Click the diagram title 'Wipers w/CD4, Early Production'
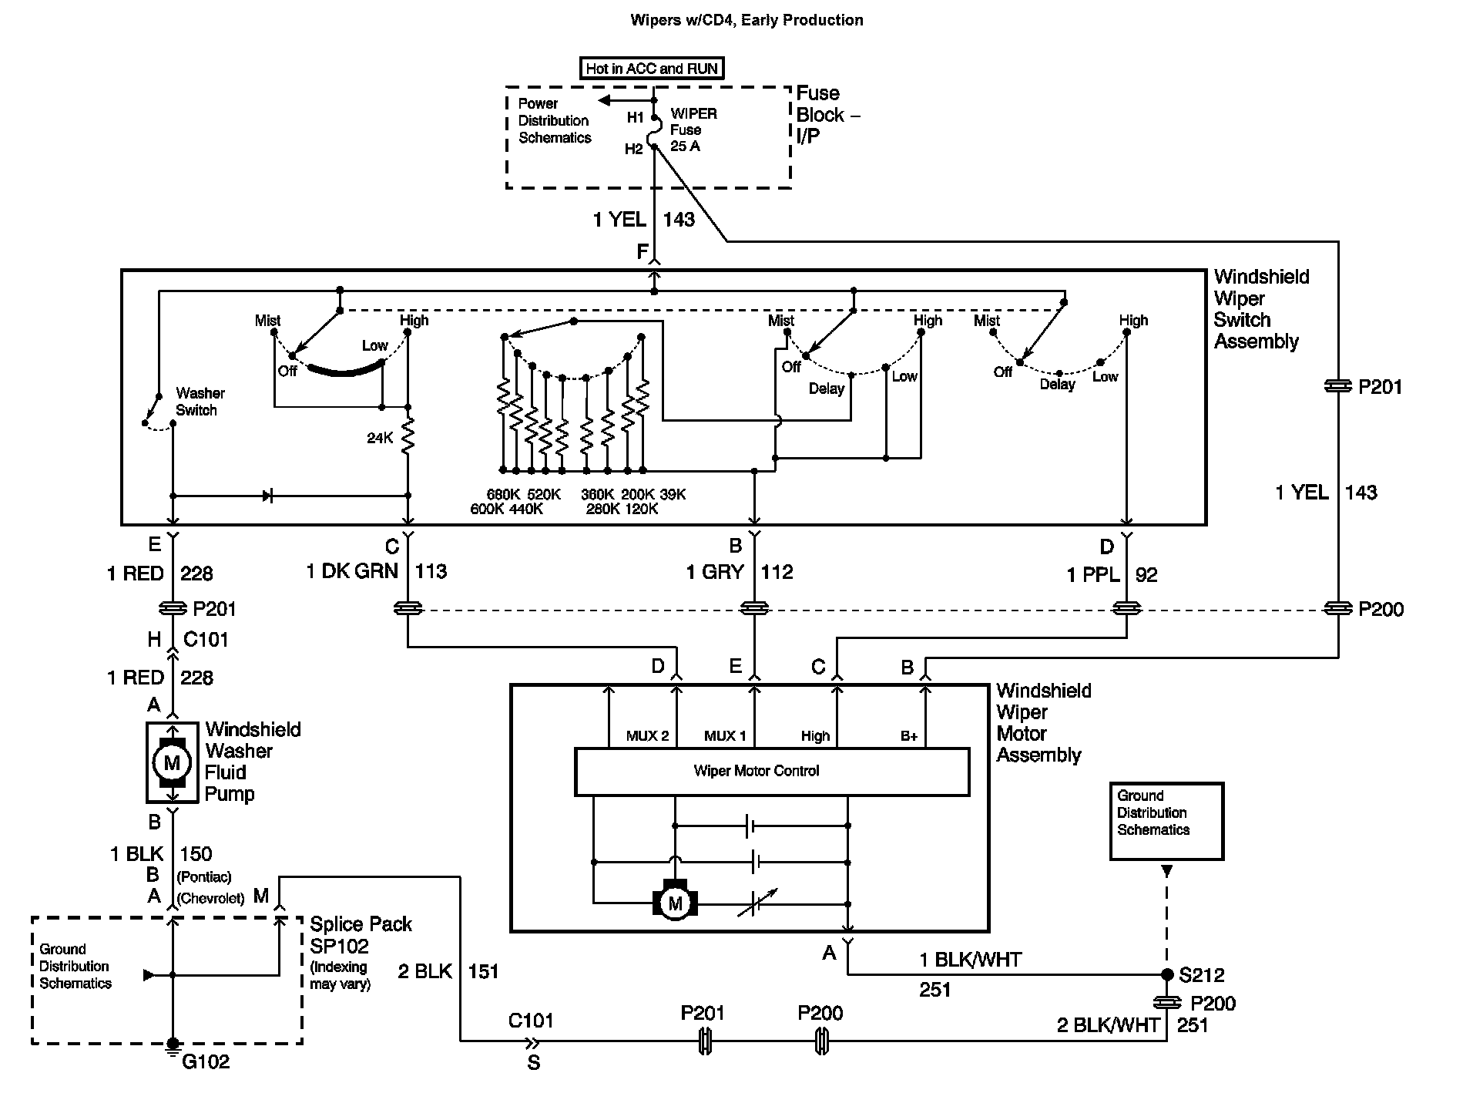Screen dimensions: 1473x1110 (x=747, y=20)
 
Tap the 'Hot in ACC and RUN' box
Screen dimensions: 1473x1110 (x=652, y=69)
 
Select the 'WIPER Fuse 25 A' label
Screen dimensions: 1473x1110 (x=693, y=129)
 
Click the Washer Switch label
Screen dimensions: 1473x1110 (x=200, y=402)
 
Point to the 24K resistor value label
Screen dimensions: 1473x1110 (x=380, y=438)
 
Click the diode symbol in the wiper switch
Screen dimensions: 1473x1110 (x=267, y=496)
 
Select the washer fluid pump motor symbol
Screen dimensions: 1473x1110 (x=172, y=762)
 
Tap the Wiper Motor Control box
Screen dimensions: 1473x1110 (x=772, y=771)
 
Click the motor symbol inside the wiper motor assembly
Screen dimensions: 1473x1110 (x=675, y=903)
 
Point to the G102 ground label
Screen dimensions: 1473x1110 (x=206, y=1061)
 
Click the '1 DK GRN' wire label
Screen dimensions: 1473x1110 (x=352, y=571)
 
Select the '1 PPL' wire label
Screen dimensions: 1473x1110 (x=1092, y=575)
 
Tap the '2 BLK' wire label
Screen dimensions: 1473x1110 (x=425, y=971)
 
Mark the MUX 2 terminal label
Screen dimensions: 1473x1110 (x=647, y=736)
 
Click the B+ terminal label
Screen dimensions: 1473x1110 (x=909, y=736)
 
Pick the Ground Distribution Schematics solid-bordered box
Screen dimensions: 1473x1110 (x=1166, y=821)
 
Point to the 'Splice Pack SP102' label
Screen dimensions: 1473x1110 (x=361, y=935)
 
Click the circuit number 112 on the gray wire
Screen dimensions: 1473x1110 (x=777, y=572)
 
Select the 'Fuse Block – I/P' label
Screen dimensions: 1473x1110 (x=828, y=114)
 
